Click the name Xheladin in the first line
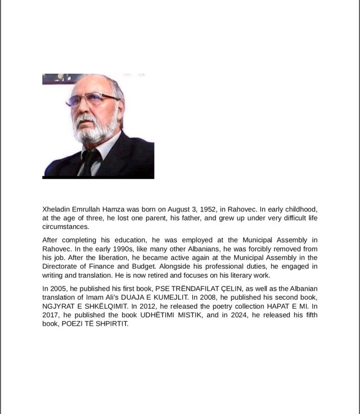coord(57,209)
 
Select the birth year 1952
coord(200,209)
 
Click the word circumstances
coord(65,227)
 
